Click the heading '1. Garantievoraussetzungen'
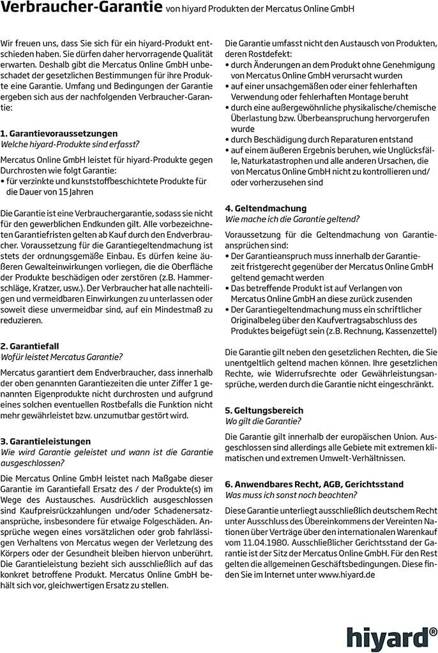pyautogui.click(x=59, y=133)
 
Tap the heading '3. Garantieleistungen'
pyautogui.click(x=46, y=441)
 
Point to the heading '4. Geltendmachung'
pyautogui.click(x=266, y=208)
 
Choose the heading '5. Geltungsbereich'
pyautogui.click(x=264, y=410)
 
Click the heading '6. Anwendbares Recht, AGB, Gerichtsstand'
pyautogui.click(x=314, y=484)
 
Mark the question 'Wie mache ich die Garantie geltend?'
pyautogui.click(x=292, y=219)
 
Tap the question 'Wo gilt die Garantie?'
pyautogui.click(x=263, y=421)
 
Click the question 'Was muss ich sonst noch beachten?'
pyautogui.click(x=291, y=495)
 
